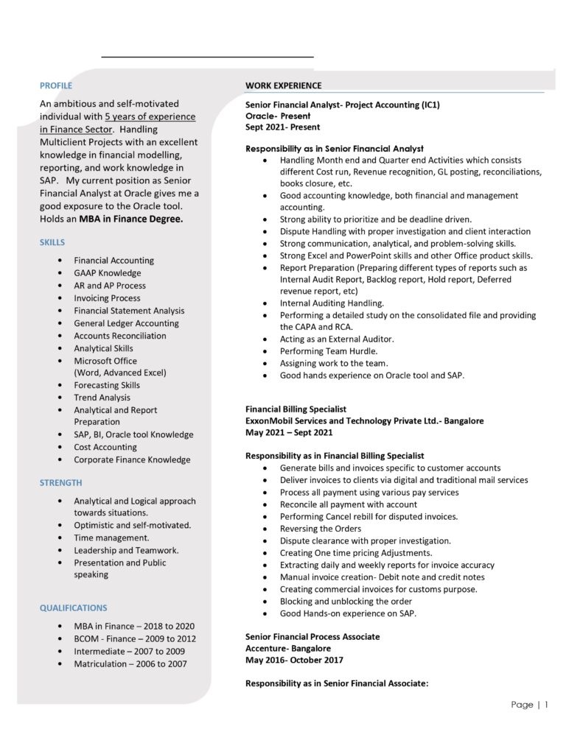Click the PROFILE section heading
[x=56, y=85]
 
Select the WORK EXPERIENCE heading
[x=283, y=85]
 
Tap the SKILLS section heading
[x=52, y=242]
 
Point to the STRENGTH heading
[x=61, y=482]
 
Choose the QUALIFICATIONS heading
[x=74, y=607]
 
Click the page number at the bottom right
[x=530, y=705]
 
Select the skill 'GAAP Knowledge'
[x=108, y=273]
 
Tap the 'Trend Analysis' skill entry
[x=102, y=398]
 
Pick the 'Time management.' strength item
[x=111, y=538]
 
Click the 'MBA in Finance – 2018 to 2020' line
[x=135, y=626]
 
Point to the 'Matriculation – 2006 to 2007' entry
[x=130, y=663]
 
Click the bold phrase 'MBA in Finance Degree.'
[x=131, y=219]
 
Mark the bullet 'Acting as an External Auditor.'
[x=337, y=339]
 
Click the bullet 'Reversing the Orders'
[x=321, y=528]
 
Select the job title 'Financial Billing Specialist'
[x=296, y=409]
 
